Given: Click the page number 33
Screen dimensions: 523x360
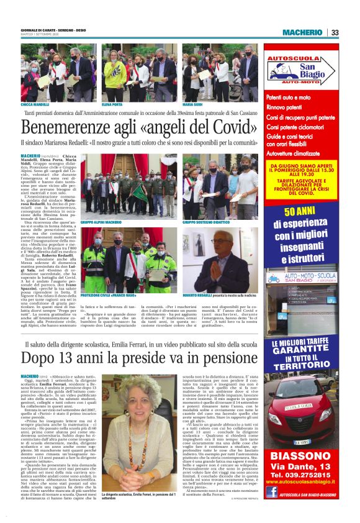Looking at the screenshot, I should [x=335, y=32].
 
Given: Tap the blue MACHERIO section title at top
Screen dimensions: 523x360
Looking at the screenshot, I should [x=302, y=32].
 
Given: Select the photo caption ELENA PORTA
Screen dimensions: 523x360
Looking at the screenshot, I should [x=112, y=105].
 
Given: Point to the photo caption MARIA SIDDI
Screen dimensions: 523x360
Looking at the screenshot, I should [x=193, y=105].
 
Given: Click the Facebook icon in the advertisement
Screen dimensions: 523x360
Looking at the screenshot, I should [x=271, y=492].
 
